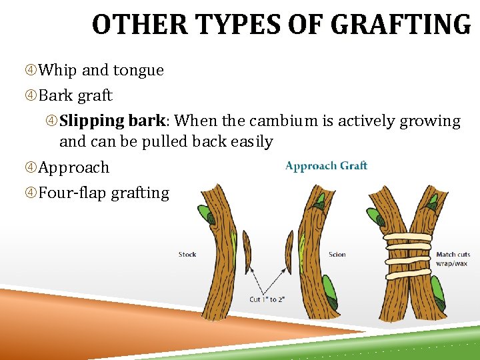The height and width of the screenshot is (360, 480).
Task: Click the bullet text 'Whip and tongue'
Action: [x=101, y=70]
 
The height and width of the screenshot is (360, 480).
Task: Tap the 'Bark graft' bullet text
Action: [x=75, y=95]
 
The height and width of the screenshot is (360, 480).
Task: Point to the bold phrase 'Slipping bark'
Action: [x=112, y=121]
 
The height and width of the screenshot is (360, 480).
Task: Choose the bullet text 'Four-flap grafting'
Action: [x=104, y=193]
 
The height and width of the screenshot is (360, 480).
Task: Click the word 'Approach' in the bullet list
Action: [x=73, y=167]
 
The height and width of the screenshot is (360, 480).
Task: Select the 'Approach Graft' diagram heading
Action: [x=326, y=166]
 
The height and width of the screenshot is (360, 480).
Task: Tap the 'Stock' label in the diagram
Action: [x=187, y=255]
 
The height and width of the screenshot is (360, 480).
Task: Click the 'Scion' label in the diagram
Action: [x=337, y=255]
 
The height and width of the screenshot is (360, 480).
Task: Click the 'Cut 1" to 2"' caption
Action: [x=267, y=299]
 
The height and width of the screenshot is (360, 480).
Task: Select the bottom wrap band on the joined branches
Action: [x=407, y=275]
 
